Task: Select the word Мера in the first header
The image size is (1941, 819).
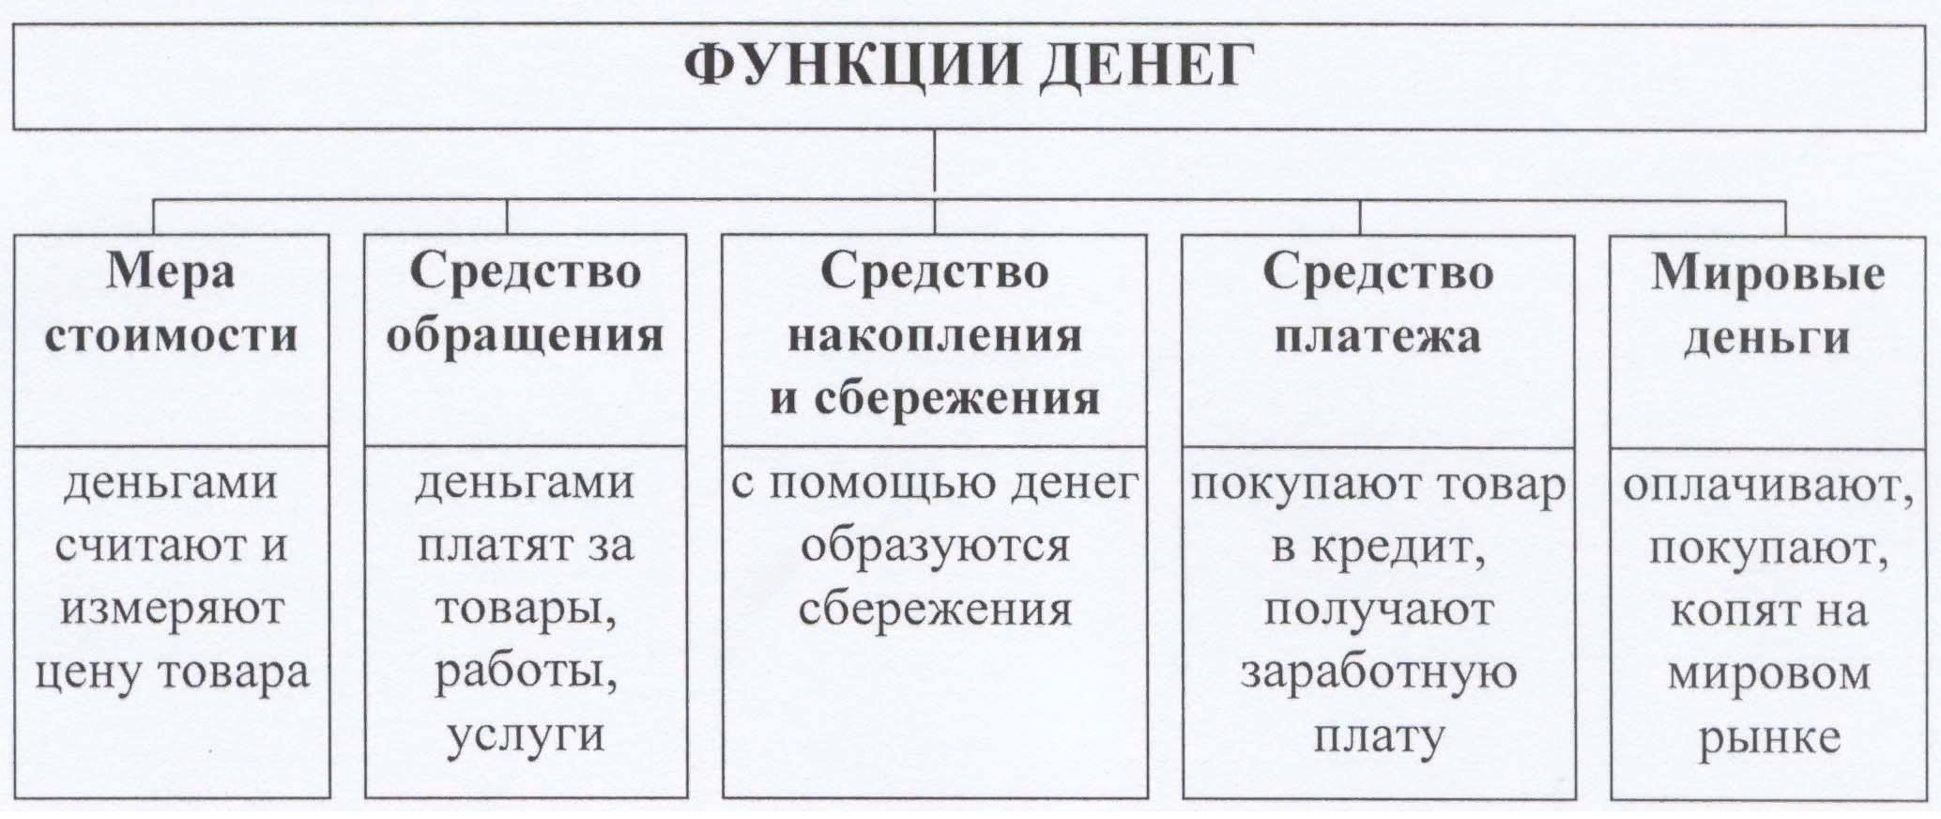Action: [x=171, y=273]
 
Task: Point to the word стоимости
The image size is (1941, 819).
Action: [x=171, y=336]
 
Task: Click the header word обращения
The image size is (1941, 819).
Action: [x=525, y=336]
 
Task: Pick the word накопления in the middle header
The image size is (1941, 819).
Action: [x=934, y=336]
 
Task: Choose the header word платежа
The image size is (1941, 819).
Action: [x=1377, y=336]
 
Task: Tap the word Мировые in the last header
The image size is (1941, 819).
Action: [x=1767, y=273]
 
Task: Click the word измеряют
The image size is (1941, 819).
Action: [x=171, y=610]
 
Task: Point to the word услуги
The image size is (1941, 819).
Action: [x=525, y=735]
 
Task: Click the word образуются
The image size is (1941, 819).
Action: [x=934, y=547]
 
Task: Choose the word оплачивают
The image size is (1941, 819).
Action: [x=1767, y=486]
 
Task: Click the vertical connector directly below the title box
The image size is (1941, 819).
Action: [x=935, y=164]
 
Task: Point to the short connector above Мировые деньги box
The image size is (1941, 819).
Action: [x=1785, y=217]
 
